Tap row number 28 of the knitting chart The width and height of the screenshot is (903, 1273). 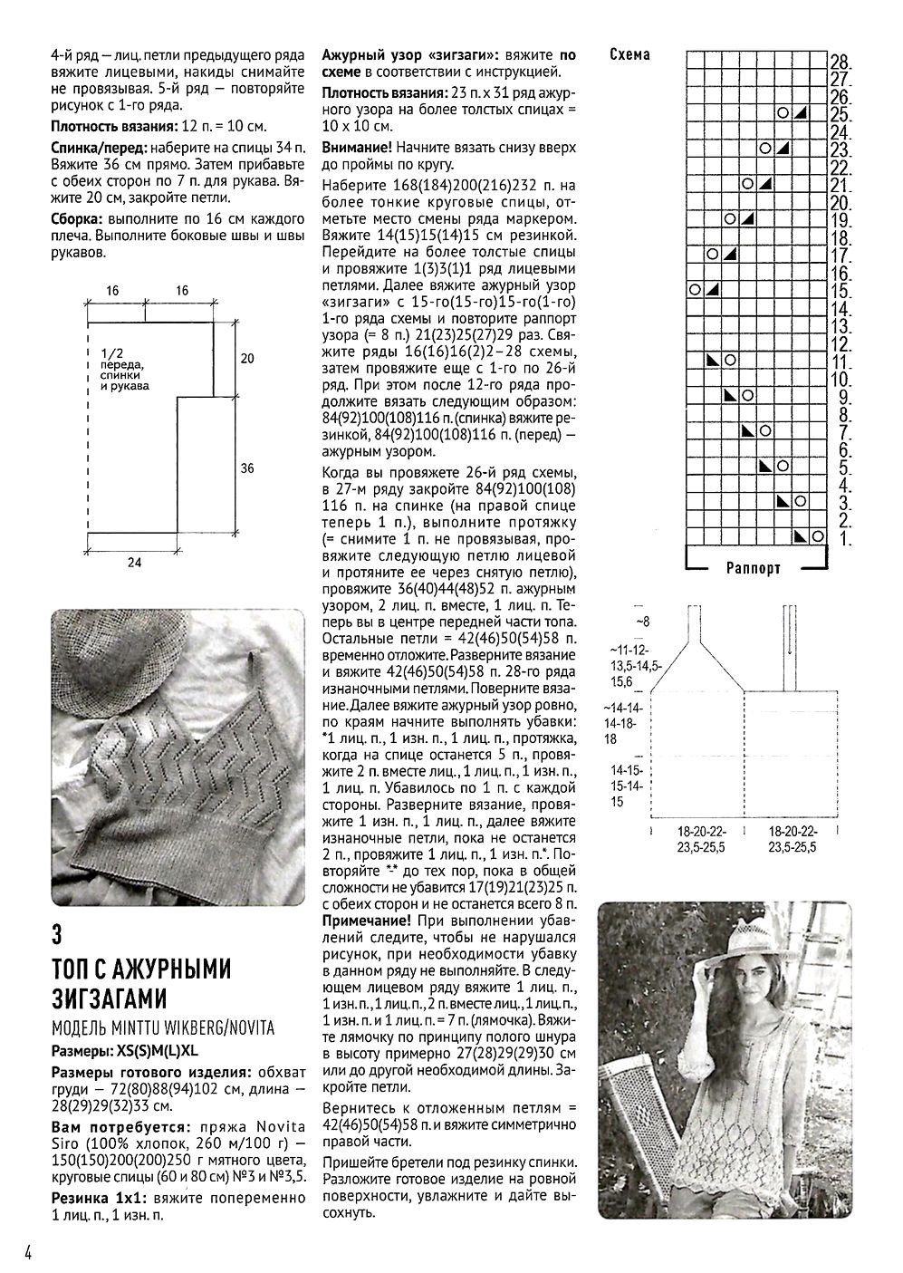[x=839, y=62]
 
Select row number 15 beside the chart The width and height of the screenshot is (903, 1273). [x=839, y=291]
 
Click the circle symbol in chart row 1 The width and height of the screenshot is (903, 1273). [x=817, y=536]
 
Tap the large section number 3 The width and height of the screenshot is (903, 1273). [x=58, y=932]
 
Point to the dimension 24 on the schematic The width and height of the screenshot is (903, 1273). [x=134, y=563]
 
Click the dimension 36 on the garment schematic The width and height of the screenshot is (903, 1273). [x=247, y=468]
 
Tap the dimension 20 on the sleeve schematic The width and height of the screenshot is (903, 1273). [x=247, y=359]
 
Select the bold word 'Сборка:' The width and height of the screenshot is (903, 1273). [x=77, y=219]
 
